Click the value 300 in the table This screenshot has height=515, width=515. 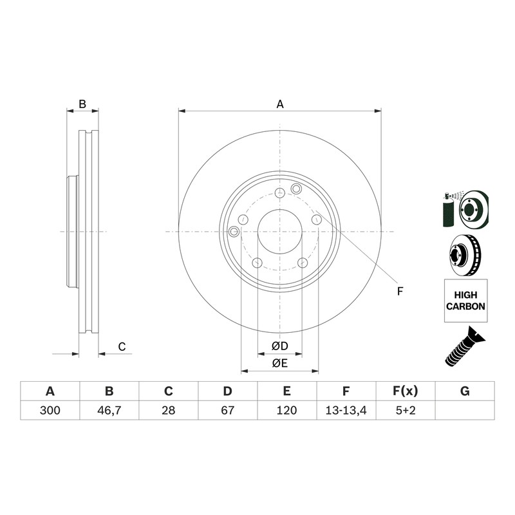(x=50, y=410)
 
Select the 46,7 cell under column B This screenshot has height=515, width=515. (x=109, y=410)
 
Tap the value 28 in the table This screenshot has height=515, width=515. (x=168, y=410)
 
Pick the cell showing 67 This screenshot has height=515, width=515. (x=228, y=410)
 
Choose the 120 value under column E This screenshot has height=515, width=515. (x=286, y=410)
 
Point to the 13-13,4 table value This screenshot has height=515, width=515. (x=346, y=410)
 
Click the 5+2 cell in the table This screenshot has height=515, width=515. (x=406, y=410)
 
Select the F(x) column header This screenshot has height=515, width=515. (x=406, y=391)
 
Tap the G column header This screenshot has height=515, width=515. (x=465, y=391)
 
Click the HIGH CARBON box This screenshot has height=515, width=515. (x=465, y=301)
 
